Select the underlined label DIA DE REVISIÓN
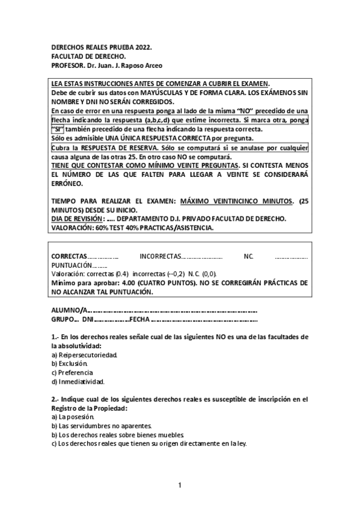pos(78,219)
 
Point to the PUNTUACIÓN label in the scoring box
pos(72,265)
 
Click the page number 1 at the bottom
pos(180,485)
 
